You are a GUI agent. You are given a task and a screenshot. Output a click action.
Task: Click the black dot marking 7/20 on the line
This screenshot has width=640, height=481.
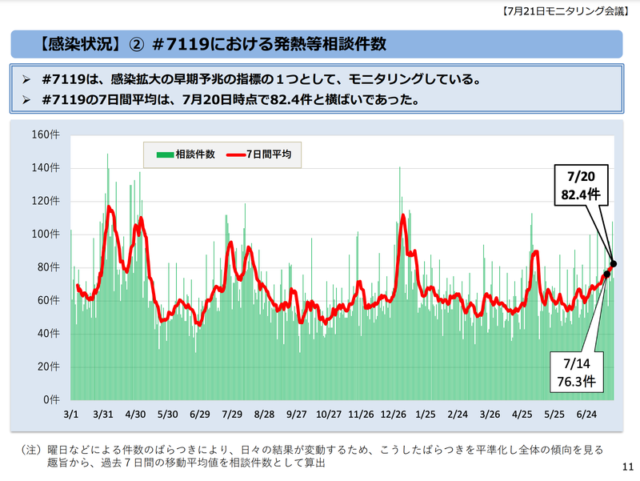coord(614,263)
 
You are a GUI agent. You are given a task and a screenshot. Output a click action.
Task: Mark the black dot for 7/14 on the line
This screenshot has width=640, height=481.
coord(606,274)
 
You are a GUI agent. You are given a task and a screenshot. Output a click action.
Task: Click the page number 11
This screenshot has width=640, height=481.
coord(626,467)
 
